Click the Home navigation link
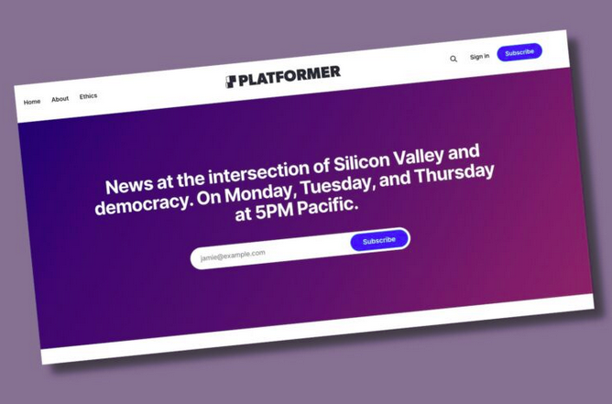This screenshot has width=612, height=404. tap(32, 102)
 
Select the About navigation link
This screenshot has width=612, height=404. tap(60, 99)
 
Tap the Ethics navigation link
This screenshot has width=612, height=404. tap(88, 96)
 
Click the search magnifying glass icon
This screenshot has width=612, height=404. tap(454, 59)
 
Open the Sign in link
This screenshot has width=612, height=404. tap(480, 57)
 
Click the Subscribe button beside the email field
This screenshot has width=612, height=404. tap(379, 240)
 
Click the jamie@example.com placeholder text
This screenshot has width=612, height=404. tap(233, 256)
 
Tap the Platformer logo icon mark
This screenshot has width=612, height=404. tap(231, 82)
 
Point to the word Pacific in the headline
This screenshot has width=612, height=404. tap(327, 206)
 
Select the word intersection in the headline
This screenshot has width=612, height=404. tap(262, 172)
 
